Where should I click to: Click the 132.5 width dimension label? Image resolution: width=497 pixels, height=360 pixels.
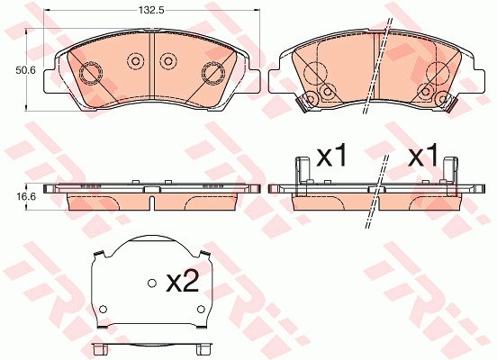click(x=151, y=10)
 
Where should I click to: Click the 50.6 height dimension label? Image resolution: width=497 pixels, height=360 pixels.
click(x=26, y=70)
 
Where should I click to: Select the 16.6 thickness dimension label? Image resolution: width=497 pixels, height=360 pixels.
click(x=26, y=196)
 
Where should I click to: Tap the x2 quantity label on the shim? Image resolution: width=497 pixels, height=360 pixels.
click(x=183, y=281)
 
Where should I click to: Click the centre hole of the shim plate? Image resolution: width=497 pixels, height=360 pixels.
click(x=152, y=283)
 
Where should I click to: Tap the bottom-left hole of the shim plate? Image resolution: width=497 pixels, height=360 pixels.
click(x=103, y=309)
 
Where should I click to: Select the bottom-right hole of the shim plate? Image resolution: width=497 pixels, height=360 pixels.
click(x=201, y=309)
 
